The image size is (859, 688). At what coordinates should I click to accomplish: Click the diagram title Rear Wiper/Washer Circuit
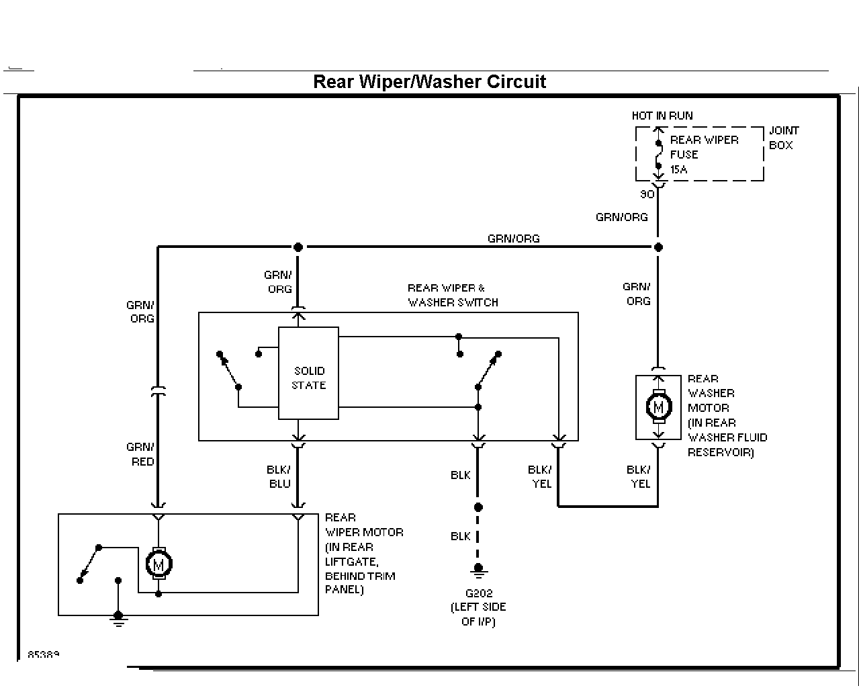click(x=429, y=82)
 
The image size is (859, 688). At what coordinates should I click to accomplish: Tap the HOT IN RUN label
click(x=662, y=116)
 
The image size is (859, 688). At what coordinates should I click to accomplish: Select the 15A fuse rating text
click(x=678, y=170)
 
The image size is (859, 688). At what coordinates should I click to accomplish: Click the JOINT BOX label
click(x=784, y=138)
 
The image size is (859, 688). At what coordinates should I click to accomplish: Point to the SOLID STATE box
click(x=308, y=373)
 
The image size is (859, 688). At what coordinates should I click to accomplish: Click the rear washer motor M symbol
click(x=659, y=407)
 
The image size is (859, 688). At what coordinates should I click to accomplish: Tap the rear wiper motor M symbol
click(x=159, y=564)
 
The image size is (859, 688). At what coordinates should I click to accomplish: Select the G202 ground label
click(x=479, y=593)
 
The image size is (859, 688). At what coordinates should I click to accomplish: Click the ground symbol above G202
click(x=478, y=570)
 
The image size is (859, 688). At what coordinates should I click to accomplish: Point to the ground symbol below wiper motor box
click(x=118, y=619)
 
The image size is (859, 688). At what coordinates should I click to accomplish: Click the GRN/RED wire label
click(x=140, y=454)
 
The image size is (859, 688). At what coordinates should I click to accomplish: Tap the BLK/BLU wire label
click(x=279, y=476)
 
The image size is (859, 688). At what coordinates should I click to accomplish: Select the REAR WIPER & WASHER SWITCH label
click(x=453, y=295)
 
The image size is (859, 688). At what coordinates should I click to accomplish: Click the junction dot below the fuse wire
click(x=658, y=247)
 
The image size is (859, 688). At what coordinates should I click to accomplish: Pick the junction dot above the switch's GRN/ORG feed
click(x=298, y=247)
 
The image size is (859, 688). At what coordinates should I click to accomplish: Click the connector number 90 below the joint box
click(x=647, y=194)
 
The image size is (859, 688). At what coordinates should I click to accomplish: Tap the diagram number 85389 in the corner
click(x=44, y=654)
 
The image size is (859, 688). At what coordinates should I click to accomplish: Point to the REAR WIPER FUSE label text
click(x=704, y=147)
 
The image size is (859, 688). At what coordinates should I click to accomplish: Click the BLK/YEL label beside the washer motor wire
click(x=638, y=476)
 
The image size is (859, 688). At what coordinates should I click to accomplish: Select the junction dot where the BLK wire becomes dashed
click(x=478, y=507)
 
